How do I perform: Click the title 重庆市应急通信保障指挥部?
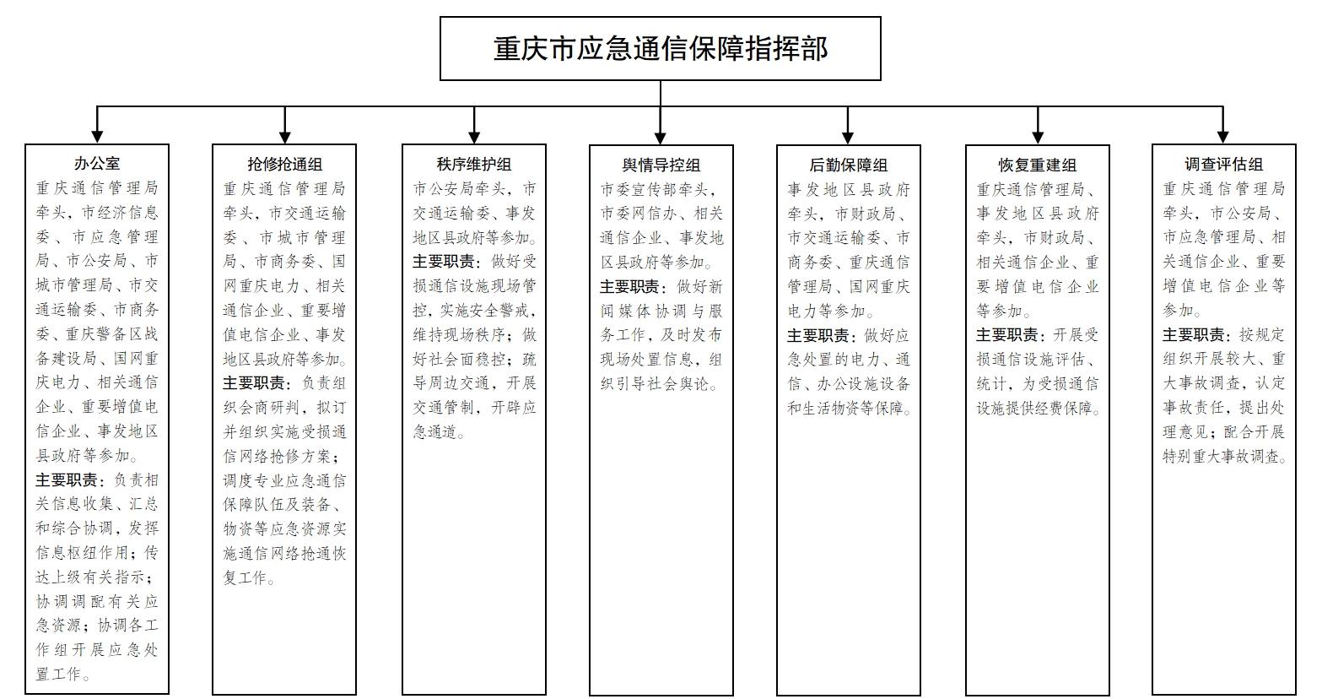[x=661, y=48]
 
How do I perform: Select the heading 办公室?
[x=97, y=164]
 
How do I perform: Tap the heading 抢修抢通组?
[x=284, y=164]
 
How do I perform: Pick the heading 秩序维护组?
[x=474, y=164]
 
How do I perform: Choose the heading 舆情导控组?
[x=661, y=165]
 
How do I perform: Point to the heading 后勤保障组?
[x=848, y=165]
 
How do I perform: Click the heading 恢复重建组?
[x=1037, y=165]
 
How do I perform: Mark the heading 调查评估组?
[x=1223, y=164]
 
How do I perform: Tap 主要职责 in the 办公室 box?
[x=66, y=480]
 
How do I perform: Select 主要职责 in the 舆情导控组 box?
[x=629, y=287]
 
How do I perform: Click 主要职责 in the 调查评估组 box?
[x=1193, y=335]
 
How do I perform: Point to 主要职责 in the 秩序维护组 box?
[x=443, y=262]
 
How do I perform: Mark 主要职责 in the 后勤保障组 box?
[x=817, y=336]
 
